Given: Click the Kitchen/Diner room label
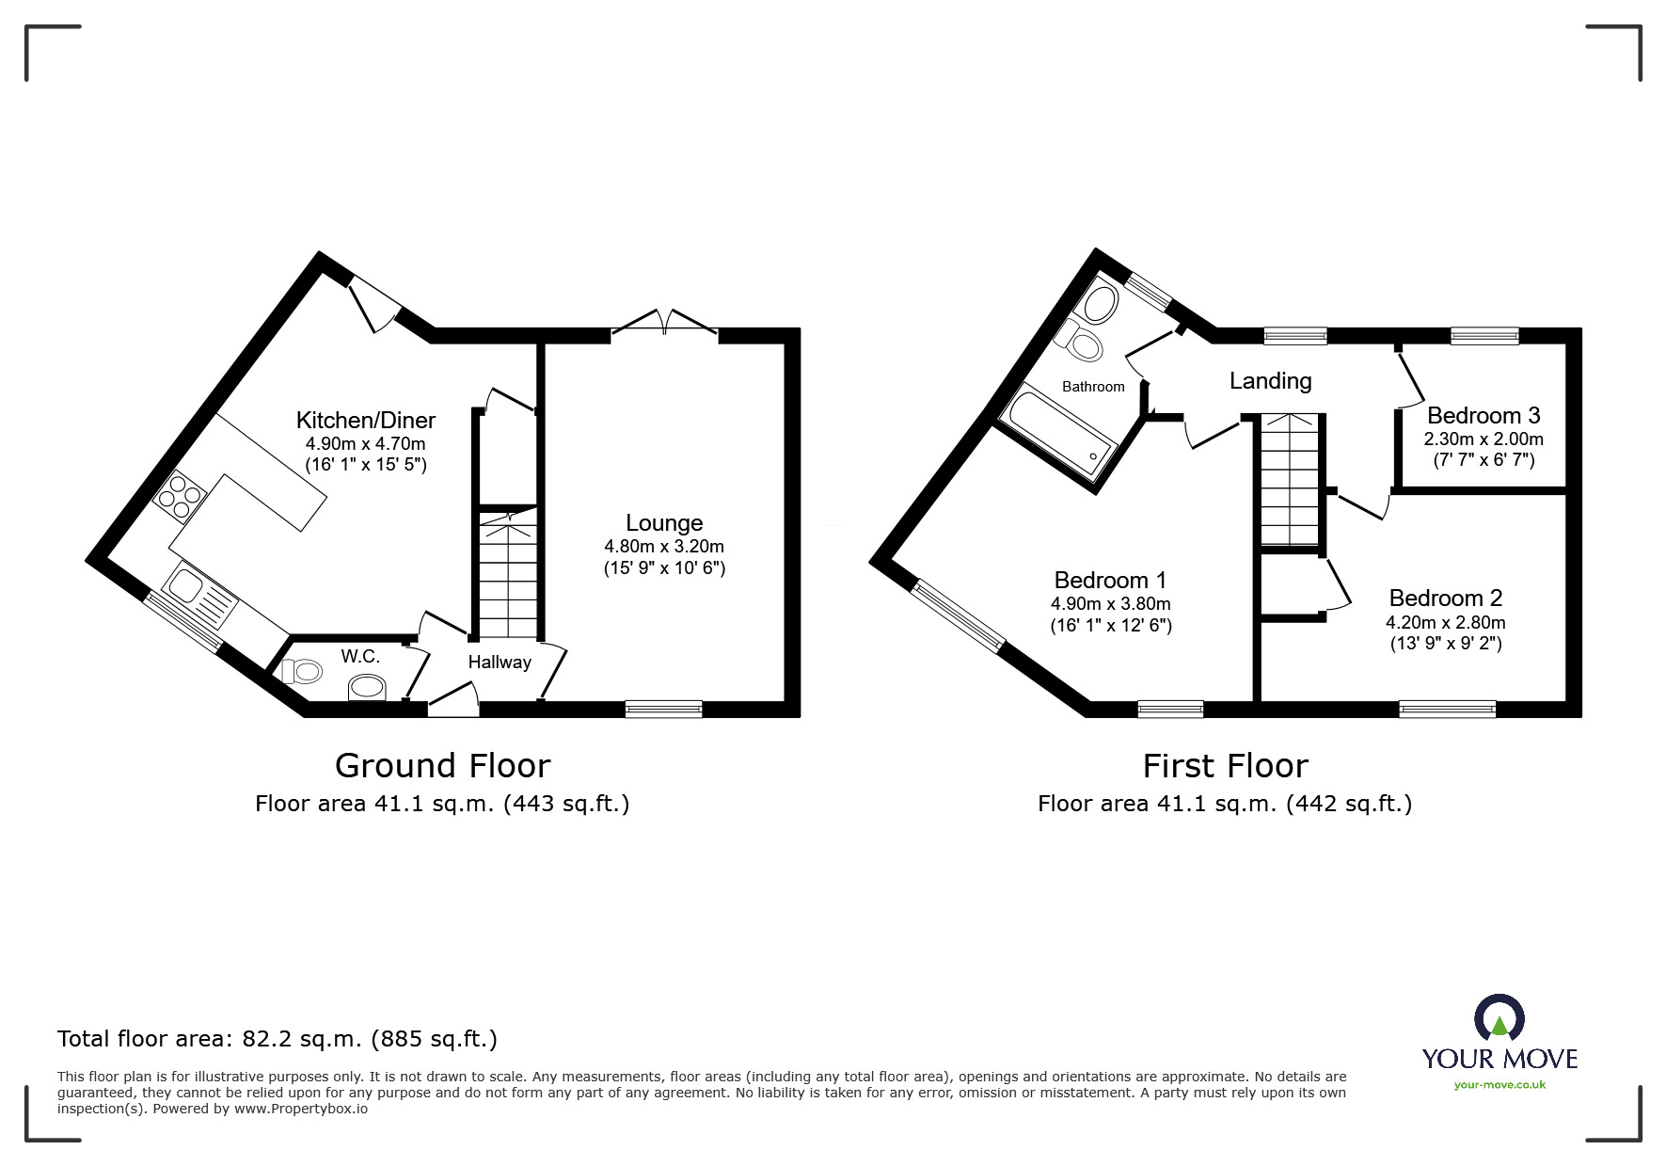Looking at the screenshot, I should click(366, 420).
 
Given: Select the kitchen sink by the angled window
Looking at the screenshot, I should click(198, 596).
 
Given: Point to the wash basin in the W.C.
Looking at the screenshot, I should click(367, 690).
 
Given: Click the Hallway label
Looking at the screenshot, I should click(500, 663).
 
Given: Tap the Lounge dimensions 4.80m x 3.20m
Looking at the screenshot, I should click(664, 547).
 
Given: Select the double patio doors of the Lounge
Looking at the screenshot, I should click(664, 321).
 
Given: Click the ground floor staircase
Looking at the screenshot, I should click(509, 574).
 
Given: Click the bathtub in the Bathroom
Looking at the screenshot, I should click(1057, 439).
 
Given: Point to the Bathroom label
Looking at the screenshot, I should click(1093, 387).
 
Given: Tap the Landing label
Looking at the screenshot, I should click(1270, 381).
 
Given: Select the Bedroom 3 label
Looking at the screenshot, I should click(1484, 416).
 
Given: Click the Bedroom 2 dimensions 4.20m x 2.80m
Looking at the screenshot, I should click(1445, 623).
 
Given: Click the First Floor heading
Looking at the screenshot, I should click(1225, 766).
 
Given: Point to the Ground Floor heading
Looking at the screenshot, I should click(442, 766).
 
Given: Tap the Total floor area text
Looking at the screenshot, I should click(278, 1039).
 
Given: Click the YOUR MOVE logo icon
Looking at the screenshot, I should click(1499, 1018).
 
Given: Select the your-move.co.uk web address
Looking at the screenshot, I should click(1499, 1085).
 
